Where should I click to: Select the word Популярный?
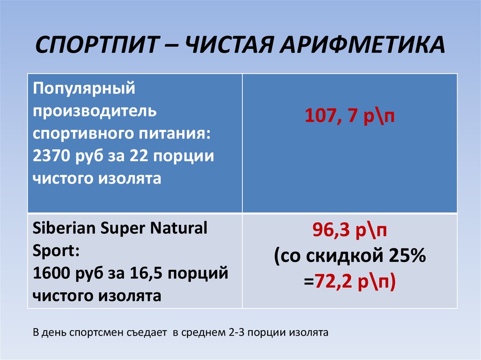tap(84, 88)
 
